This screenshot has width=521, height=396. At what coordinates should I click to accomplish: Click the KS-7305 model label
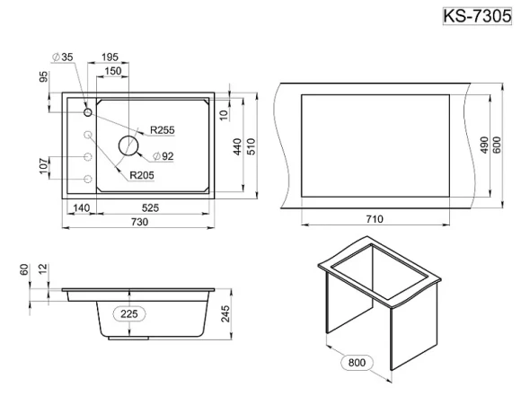pos(477,16)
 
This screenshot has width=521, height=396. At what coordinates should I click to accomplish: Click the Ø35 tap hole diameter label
pos(63,57)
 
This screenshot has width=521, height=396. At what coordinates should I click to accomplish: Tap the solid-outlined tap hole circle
pos(88,112)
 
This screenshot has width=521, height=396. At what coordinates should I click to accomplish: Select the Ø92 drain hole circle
pos(128,145)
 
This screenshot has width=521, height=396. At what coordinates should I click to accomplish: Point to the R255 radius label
pos(163,130)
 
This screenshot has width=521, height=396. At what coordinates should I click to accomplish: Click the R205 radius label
pos(142,175)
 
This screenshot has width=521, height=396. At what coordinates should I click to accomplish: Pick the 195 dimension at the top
pos(110,57)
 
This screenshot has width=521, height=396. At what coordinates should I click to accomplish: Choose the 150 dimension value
pos(113,71)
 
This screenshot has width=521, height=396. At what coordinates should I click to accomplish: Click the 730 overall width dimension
pos(139,222)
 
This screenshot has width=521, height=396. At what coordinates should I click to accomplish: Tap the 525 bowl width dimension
pos(150,207)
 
